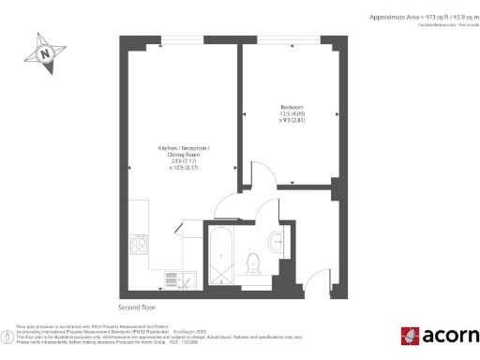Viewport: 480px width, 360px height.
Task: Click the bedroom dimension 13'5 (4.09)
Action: (x=292, y=114)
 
